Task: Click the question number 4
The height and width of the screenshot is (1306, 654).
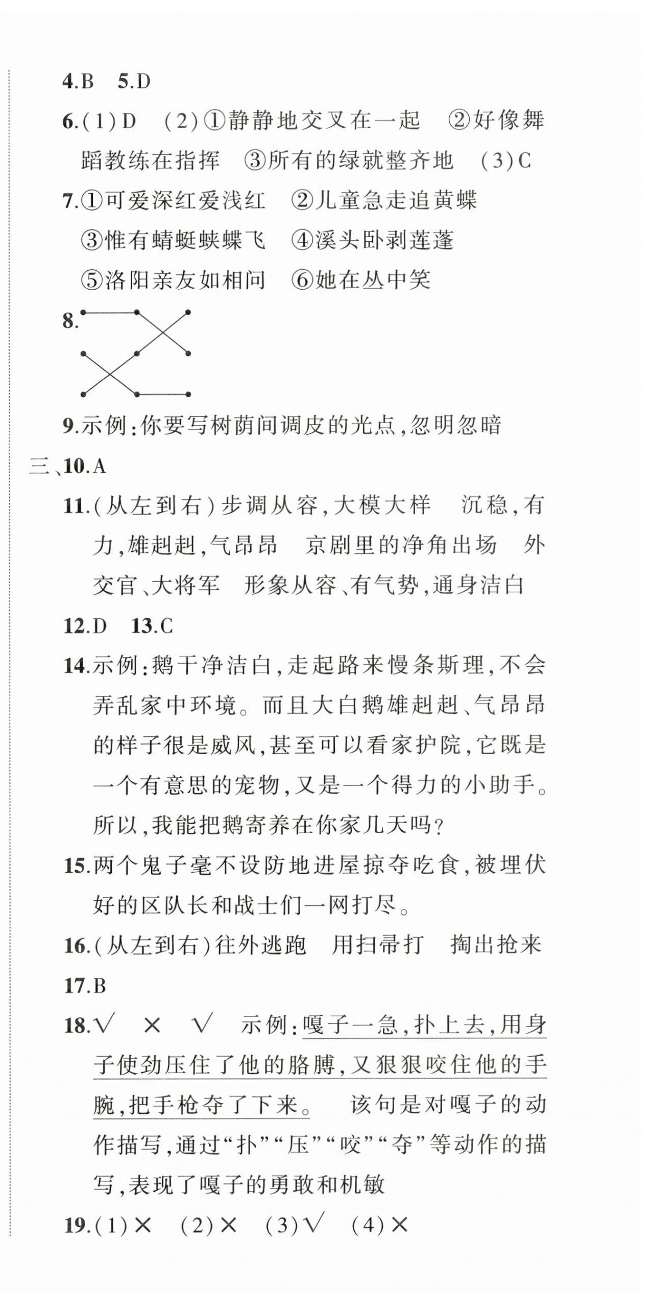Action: point(68,82)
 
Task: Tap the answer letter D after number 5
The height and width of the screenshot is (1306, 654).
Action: point(143,82)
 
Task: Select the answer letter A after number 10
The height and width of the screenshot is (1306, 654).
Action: point(99,466)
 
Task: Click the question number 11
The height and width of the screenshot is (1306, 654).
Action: point(74,506)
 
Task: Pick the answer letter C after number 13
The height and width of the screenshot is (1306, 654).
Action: point(166,626)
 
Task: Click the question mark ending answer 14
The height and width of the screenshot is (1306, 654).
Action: point(437,826)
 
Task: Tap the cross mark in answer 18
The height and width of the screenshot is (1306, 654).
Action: point(152,1025)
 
